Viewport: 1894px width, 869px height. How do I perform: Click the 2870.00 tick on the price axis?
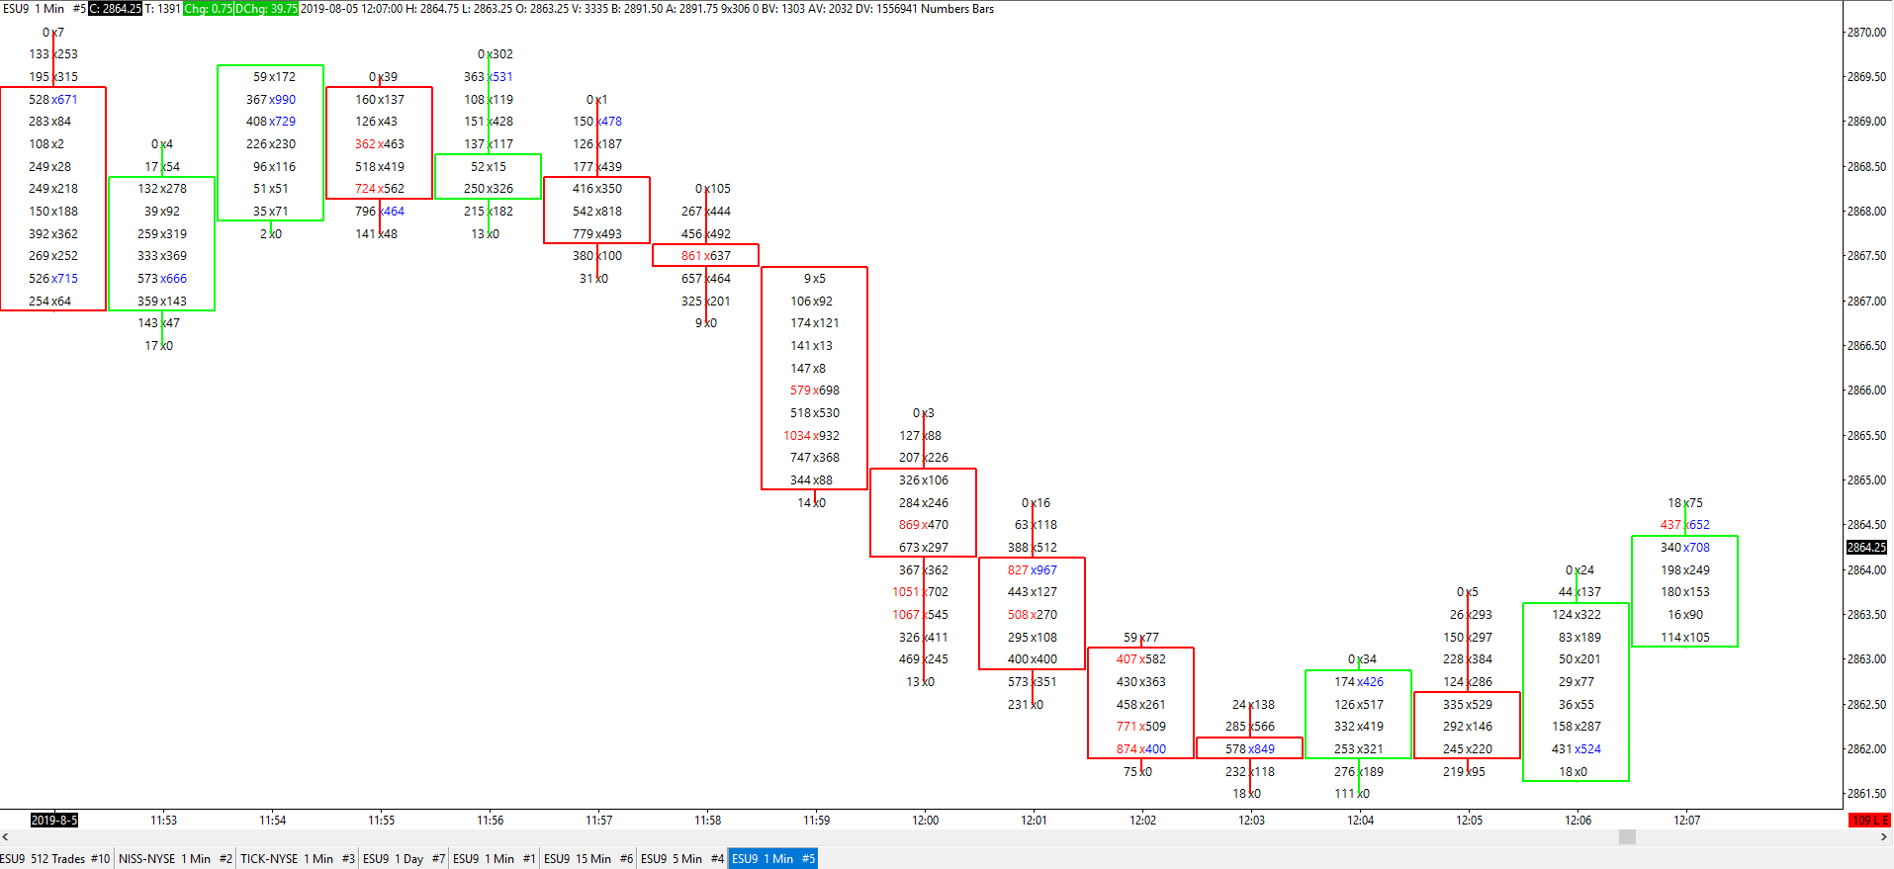1866,33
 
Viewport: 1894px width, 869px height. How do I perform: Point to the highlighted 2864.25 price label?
1866,548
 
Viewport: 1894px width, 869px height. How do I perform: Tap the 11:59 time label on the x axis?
816,820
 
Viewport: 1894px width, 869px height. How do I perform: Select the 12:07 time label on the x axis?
1686,820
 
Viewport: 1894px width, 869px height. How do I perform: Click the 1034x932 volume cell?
811,436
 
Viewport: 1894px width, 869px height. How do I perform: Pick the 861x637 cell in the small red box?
705,256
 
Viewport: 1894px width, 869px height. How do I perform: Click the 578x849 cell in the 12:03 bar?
1249,749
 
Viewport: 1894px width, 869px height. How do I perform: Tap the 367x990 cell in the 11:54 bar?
270,100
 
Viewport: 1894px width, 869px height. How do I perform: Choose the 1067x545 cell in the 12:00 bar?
920,615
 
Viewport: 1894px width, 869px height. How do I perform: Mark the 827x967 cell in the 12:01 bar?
1032,570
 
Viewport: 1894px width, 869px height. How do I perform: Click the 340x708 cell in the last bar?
1684,548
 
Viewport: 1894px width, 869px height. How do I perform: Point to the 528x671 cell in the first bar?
52,100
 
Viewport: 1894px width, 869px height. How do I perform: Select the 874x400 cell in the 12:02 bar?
1140,749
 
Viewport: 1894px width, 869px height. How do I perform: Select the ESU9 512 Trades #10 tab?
56,859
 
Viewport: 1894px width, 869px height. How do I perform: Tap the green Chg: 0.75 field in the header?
208,9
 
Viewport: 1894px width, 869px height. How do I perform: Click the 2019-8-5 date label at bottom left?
53,820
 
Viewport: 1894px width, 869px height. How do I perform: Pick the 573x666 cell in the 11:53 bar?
161,279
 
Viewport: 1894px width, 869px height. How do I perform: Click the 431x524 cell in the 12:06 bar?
1576,749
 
